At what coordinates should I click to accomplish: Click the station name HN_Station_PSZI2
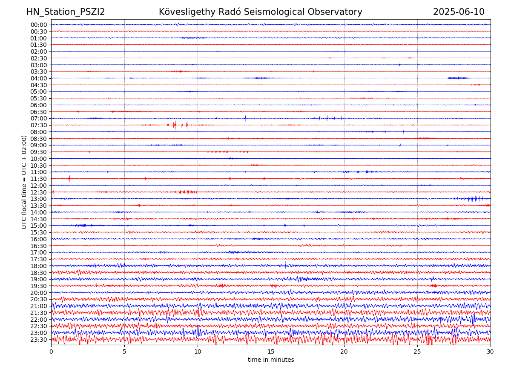66,12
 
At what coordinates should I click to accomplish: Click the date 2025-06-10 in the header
459,12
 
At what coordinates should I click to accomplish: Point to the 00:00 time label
39,25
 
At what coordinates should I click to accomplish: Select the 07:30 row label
39,125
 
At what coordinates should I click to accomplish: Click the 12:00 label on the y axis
39,186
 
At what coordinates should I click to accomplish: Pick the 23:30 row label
39,340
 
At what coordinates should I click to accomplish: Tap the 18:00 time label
39,266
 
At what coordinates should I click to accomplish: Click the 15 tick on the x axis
271,352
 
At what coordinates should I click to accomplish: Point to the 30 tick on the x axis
491,352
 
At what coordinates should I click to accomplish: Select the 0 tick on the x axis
51,352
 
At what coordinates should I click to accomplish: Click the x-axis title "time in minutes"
271,360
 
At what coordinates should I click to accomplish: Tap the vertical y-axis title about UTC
24,182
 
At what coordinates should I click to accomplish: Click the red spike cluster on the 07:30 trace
175,125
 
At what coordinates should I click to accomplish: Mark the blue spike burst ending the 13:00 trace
473,199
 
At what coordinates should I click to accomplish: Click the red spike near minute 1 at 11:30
69,179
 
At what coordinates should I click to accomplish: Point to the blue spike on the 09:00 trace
400,145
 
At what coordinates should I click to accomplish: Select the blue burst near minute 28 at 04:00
457,78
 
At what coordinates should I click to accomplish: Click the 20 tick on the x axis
344,352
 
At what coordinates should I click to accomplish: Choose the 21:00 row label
39,306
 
